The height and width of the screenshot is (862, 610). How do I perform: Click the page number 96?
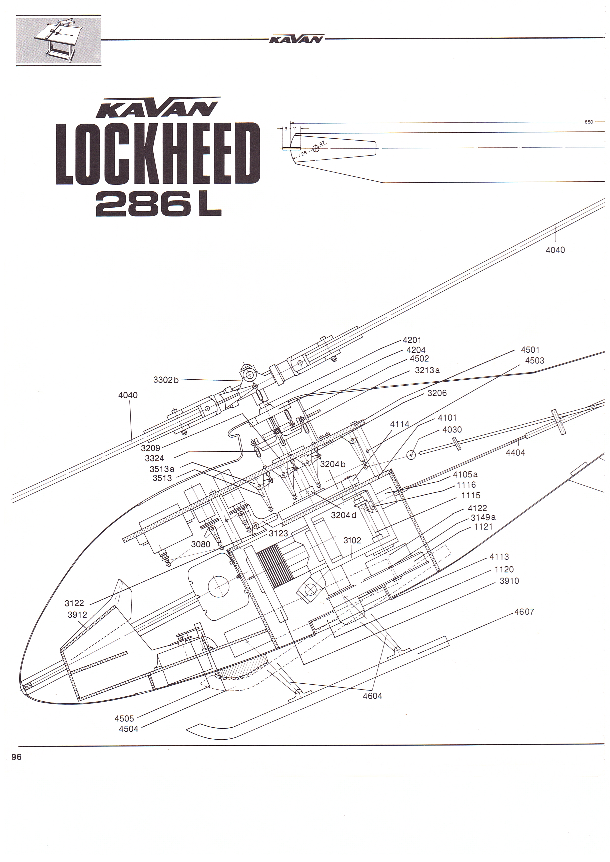16,757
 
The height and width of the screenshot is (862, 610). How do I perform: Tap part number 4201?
412,340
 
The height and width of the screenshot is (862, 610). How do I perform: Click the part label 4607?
524,612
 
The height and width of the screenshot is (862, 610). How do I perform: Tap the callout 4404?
515,453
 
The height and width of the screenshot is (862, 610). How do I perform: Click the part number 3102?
352,540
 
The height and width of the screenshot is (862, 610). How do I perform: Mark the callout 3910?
509,581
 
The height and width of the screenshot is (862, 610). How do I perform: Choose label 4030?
452,430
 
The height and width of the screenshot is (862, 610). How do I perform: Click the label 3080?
201,544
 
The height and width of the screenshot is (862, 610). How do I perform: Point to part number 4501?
530,350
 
